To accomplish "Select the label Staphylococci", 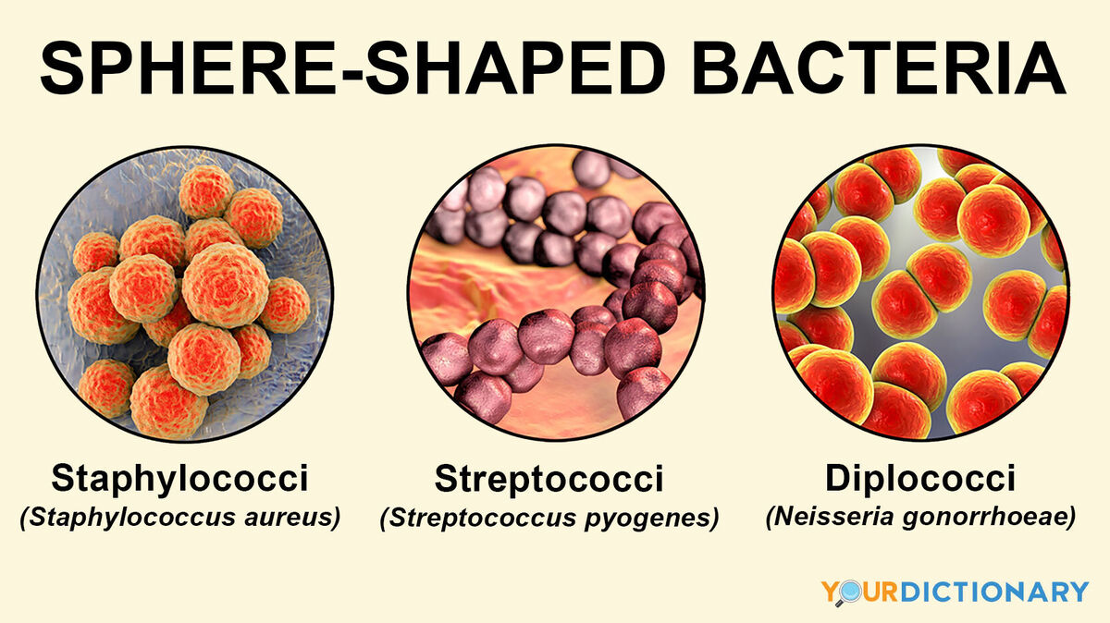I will click(180, 480).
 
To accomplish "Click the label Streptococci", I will click(549, 480).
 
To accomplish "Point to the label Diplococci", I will click(920, 479).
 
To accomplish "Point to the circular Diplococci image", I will click(920, 292).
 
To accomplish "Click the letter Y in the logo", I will click(828, 592).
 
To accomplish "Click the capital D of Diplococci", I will click(837, 479).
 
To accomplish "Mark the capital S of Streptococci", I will click(447, 480).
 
